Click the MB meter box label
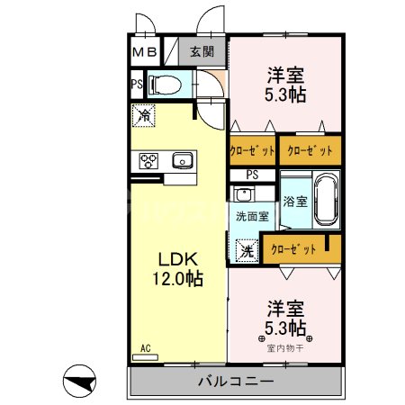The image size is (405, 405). (x=145, y=52)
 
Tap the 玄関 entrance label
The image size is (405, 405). (x=202, y=51)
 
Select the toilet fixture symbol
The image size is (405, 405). (x=165, y=85)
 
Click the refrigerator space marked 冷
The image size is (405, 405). (x=144, y=115)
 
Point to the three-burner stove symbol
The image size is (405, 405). (x=148, y=161)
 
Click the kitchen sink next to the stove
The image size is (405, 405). (x=183, y=160)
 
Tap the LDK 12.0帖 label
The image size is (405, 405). (x=178, y=269)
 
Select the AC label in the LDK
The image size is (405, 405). (x=146, y=348)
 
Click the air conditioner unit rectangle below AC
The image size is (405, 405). (x=145, y=357)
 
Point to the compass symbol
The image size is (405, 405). (x=79, y=381)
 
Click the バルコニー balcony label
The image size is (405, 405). (x=236, y=382)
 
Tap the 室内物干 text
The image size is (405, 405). (x=285, y=348)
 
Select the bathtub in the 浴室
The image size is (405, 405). (x=326, y=200)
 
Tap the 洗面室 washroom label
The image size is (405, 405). (x=252, y=216)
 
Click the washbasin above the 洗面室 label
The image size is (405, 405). (x=244, y=193)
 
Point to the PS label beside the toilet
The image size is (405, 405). (x=137, y=85)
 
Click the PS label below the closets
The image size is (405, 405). (x=252, y=175)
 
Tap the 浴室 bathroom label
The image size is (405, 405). (x=295, y=202)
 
